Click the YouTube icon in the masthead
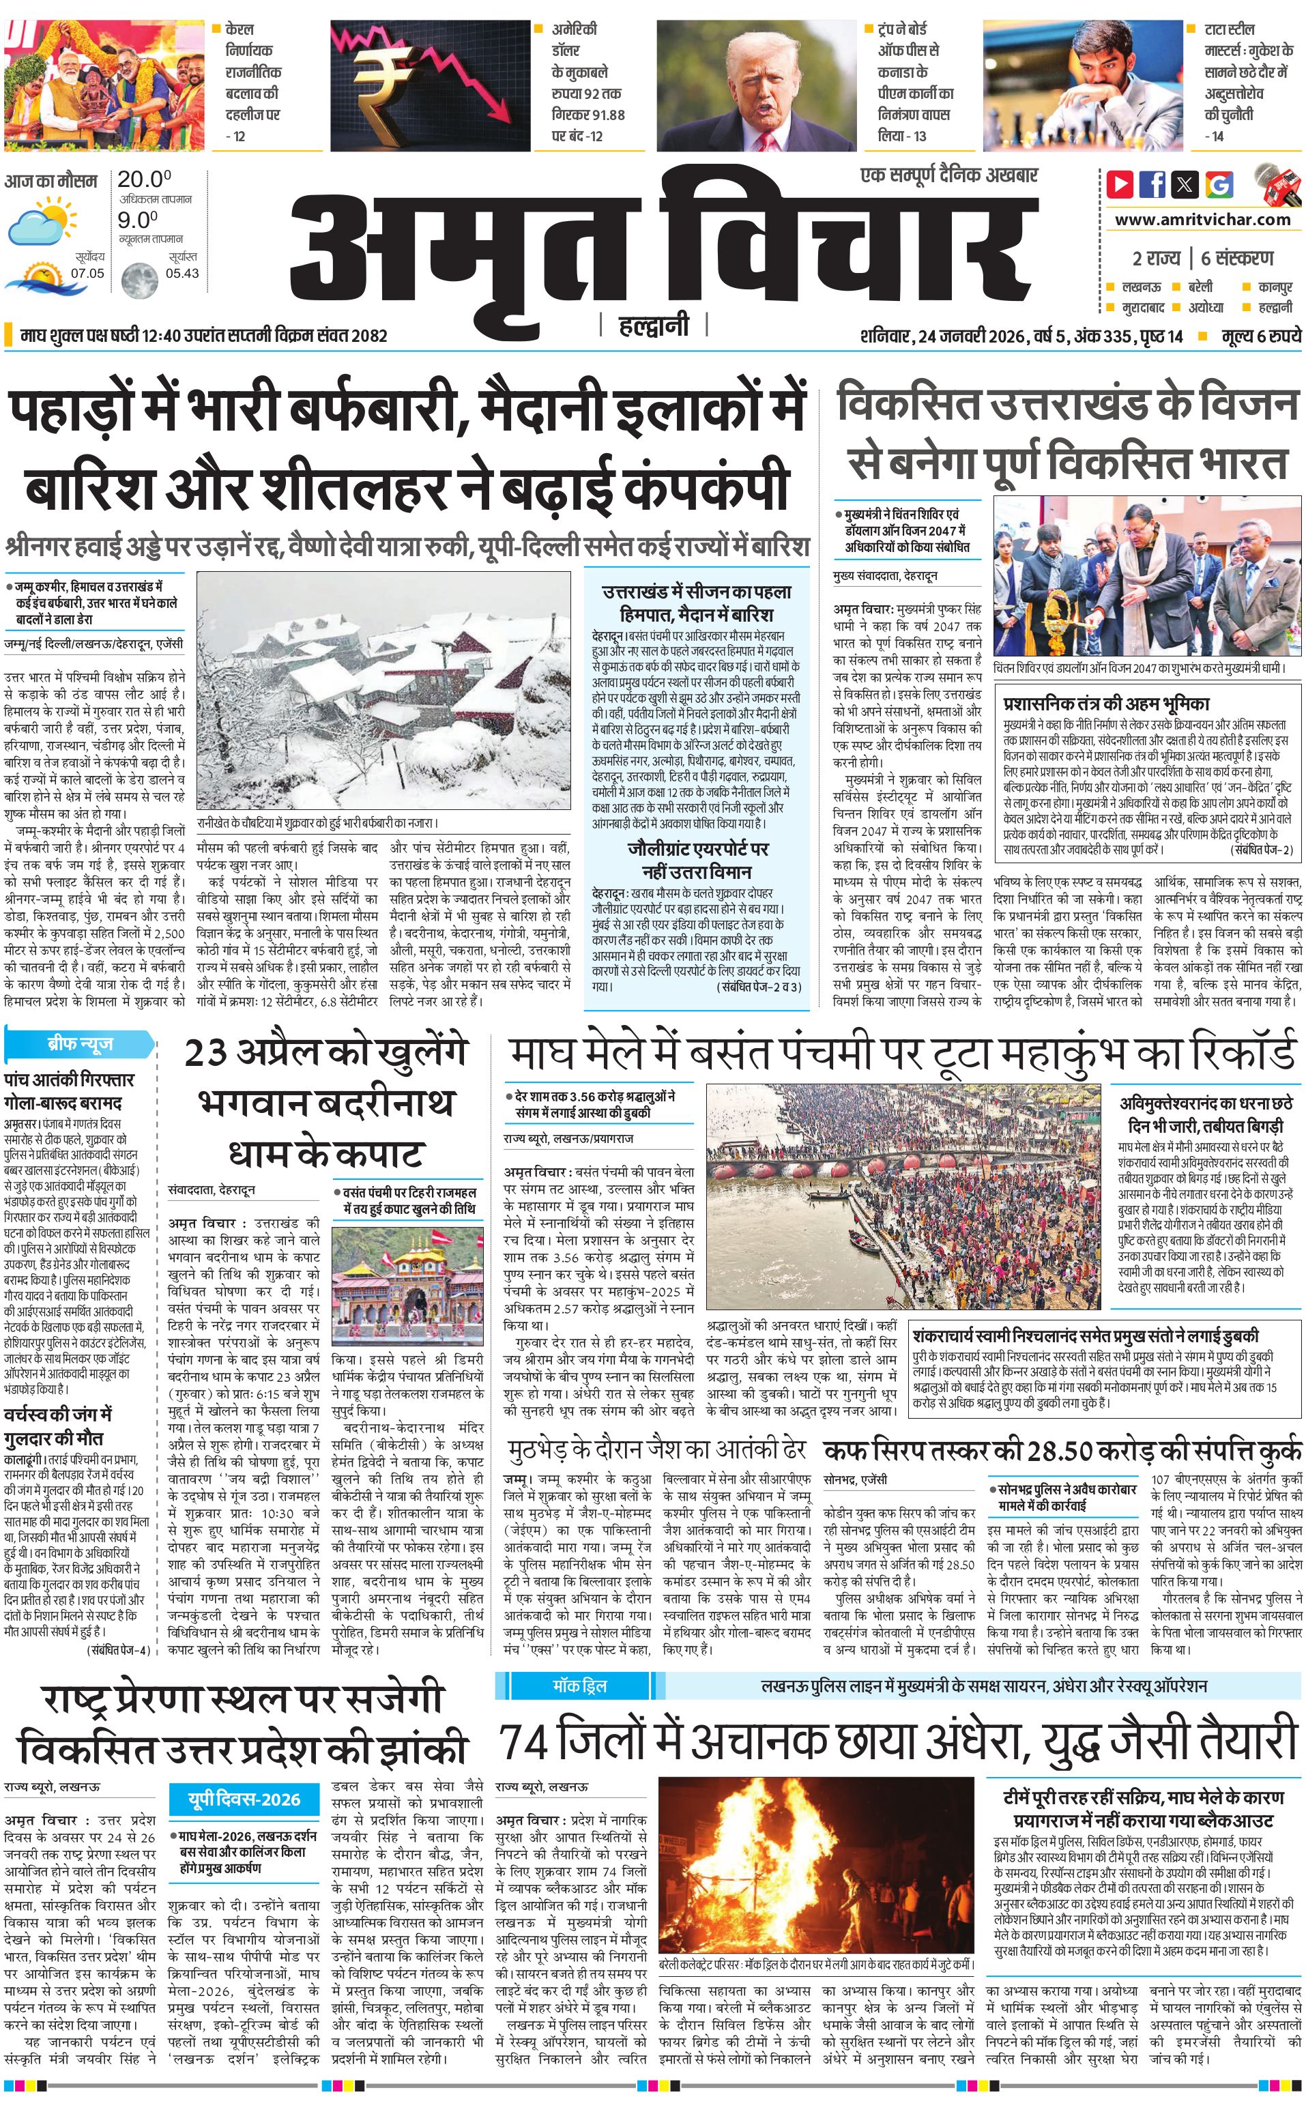[1120, 184]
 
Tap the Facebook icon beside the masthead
[1152, 184]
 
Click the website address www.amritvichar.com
[1202, 220]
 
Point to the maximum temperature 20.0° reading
[144, 179]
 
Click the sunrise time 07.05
[87, 273]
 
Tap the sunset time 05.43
[182, 273]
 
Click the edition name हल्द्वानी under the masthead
[654, 326]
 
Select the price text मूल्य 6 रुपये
[1260, 336]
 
